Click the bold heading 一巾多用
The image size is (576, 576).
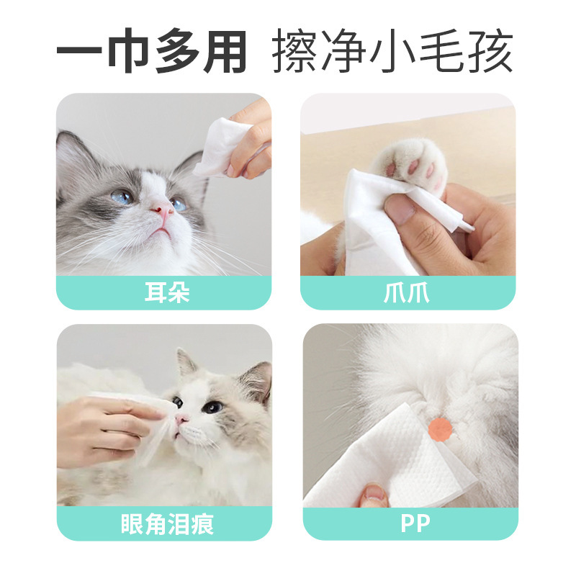(x=152, y=53)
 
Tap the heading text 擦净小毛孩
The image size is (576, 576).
(x=392, y=53)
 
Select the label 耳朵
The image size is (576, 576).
(x=164, y=293)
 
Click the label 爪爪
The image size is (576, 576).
(x=408, y=293)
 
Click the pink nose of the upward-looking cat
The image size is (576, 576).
(x=165, y=210)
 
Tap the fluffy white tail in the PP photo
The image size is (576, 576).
(x=439, y=367)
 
